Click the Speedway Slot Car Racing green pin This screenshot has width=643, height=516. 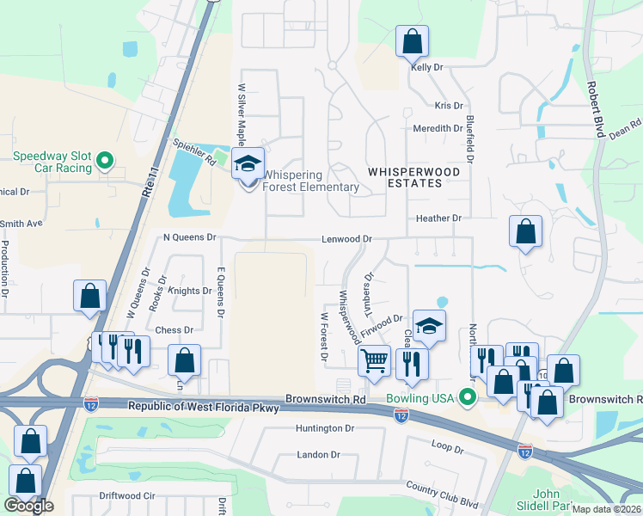105,160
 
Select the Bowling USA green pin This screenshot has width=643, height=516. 468,397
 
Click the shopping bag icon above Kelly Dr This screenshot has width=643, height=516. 412,40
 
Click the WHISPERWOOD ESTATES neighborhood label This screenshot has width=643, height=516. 413,172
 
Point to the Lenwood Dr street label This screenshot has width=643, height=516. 346,239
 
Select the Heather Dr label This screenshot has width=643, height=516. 439,218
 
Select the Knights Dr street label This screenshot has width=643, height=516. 189,292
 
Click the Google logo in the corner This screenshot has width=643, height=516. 28,506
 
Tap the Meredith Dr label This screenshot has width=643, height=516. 438,128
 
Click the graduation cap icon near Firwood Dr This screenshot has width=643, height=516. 429,326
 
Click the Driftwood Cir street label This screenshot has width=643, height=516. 126,496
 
